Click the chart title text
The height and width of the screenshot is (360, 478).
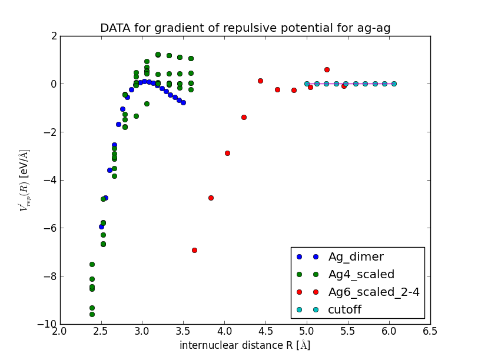point(245,28)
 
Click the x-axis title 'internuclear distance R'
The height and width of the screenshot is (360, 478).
point(245,345)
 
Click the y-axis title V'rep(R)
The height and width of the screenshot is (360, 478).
point(25,180)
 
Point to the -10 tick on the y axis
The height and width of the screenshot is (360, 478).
point(47,325)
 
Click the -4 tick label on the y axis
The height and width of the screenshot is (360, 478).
point(51,180)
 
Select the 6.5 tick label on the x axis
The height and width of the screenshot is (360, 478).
point(430,331)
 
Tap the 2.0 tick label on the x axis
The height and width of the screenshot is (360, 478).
point(60,331)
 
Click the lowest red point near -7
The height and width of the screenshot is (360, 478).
point(194,250)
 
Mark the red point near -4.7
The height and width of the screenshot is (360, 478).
point(211,198)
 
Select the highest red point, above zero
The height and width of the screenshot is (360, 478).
point(327,69)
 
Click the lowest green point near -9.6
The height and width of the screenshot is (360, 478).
point(92,314)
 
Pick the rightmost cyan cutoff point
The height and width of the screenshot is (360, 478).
point(394,84)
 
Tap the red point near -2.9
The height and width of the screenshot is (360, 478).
point(227,153)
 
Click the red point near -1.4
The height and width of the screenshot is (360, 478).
point(244,117)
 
